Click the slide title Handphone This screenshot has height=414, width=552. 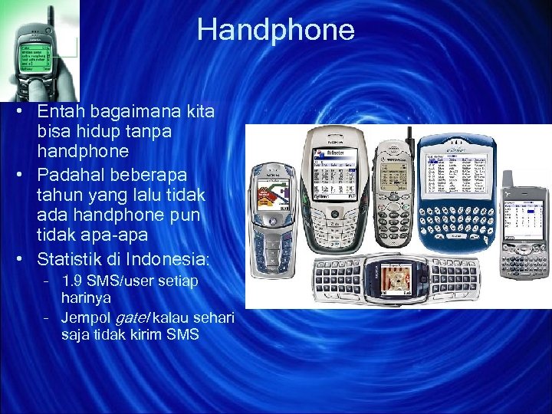275,30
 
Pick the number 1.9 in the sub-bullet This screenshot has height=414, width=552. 74,281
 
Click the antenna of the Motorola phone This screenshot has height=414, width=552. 409,139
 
